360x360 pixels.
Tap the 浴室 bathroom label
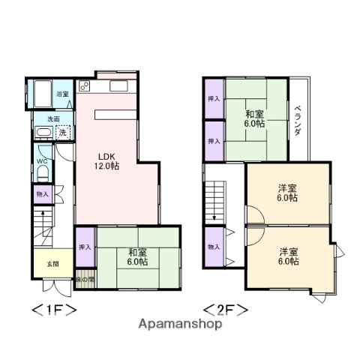(x=63, y=94)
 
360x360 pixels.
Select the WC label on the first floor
(x=42, y=160)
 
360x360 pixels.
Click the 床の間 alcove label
(x=85, y=280)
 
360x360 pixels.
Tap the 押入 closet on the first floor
(x=85, y=247)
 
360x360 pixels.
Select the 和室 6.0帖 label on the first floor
(x=136, y=256)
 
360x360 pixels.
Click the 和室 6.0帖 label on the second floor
(x=255, y=119)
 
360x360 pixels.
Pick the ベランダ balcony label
(x=297, y=121)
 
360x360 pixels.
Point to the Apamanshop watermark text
(x=179, y=325)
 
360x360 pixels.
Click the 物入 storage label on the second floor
(x=214, y=247)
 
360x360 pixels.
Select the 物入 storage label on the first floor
(x=42, y=194)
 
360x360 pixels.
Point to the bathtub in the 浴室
(x=40, y=94)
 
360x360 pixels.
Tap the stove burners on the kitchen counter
(x=83, y=84)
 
